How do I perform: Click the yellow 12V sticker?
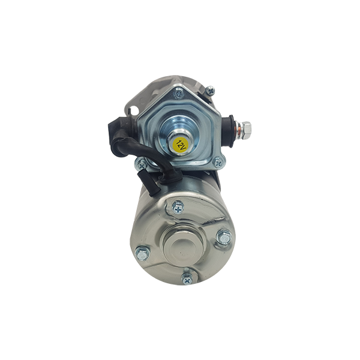180,145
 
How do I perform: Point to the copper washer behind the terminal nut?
238,130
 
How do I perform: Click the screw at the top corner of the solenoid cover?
178,94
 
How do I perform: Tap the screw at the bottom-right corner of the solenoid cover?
218,163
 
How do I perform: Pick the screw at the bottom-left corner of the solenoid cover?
142,164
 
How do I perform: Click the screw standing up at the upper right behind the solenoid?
209,91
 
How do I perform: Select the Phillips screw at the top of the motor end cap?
178,208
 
